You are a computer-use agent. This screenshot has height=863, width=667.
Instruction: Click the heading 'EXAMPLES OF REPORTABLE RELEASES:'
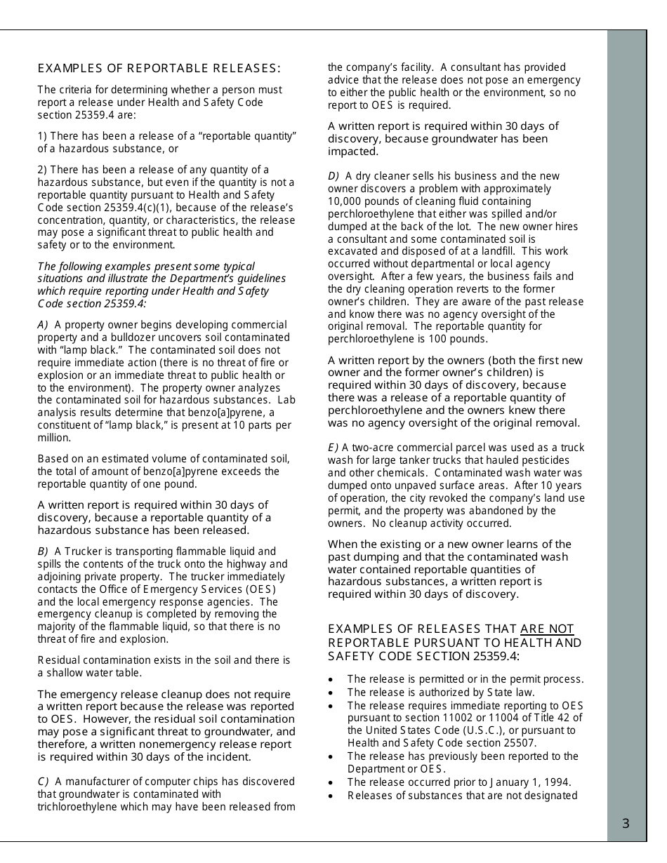[x=159, y=68]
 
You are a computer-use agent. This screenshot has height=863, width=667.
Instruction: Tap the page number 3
[x=626, y=824]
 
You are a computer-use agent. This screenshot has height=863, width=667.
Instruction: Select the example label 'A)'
[x=43, y=325]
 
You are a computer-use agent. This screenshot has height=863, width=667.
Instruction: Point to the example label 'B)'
[x=43, y=551]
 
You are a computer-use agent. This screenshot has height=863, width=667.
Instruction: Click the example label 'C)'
[x=43, y=782]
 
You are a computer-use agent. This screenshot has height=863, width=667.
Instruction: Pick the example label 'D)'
[x=333, y=175]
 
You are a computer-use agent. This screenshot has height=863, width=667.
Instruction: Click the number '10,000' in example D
[x=343, y=201]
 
